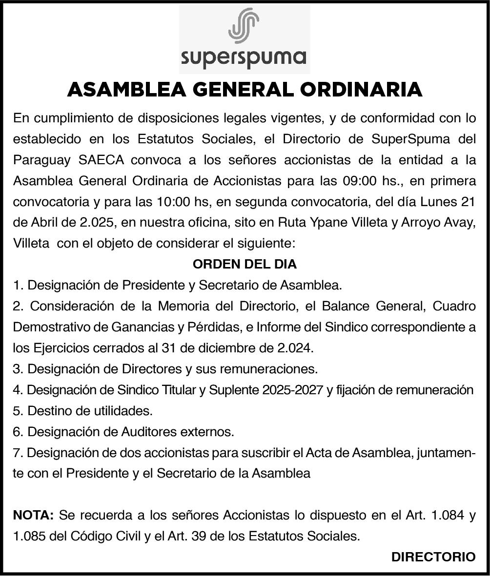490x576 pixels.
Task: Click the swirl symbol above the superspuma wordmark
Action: (244, 25)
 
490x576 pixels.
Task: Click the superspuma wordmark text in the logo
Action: (244, 58)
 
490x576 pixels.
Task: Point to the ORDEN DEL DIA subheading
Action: (245, 264)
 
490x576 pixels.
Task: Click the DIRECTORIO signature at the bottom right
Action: (433, 557)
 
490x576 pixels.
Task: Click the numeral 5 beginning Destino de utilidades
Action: (18, 411)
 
